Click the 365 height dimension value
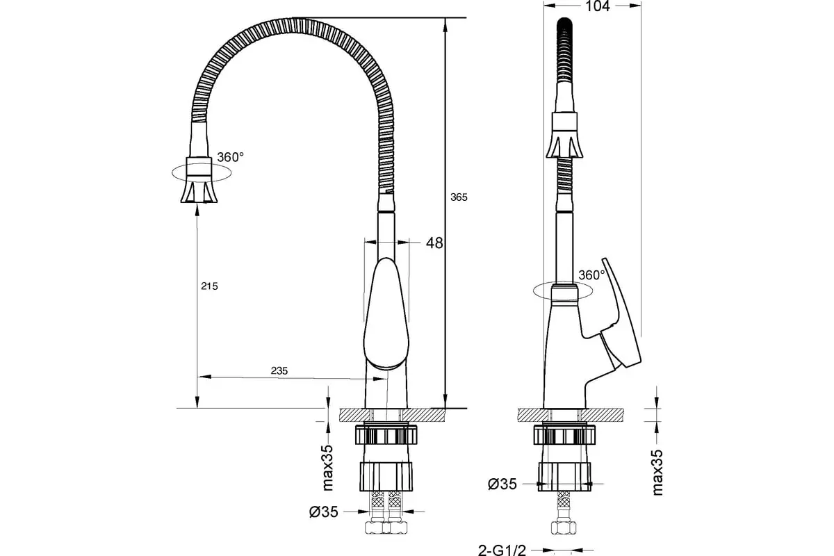[x=459, y=197]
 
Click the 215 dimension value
[x=209, y=286]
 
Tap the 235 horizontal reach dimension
[x=279, y=370]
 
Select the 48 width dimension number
[x=434, y=243]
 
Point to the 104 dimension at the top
[x=598, y=6]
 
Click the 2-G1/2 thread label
[x=502, y=550]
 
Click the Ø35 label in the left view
[x=324, y=512]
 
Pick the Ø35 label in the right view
[x=502, y=484]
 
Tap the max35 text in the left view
[x=327, y=468]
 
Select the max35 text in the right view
[x=658, y=473]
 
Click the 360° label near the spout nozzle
[x=231, y=157]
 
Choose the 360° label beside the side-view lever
[x=591, y=275]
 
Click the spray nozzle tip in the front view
[x=199, y=191]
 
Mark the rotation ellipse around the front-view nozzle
[x=202, y=181]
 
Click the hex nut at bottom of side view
[x=564, y=528]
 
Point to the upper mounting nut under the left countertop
[x=386, y=434]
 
